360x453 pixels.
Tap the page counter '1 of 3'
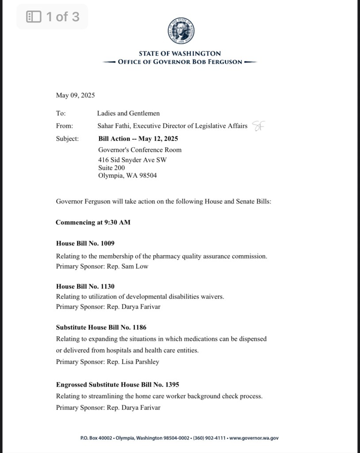point(53,17)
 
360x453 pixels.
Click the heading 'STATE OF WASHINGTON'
point(180,54)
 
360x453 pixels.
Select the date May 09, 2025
point(75,95)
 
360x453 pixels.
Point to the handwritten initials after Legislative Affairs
point(258,126)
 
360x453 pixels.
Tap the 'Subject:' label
point(67,138)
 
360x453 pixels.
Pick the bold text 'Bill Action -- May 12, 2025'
point(138,138)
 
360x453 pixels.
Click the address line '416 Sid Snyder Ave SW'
point(132,160)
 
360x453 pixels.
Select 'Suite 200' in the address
point(111,168)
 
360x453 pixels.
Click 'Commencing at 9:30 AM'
point(93,222)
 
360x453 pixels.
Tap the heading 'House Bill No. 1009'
point(85,243)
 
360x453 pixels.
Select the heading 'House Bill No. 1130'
point(85,286)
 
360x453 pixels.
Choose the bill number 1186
point(138,327)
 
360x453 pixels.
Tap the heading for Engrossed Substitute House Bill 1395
point(117,384)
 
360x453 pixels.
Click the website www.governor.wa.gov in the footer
point(254,438)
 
